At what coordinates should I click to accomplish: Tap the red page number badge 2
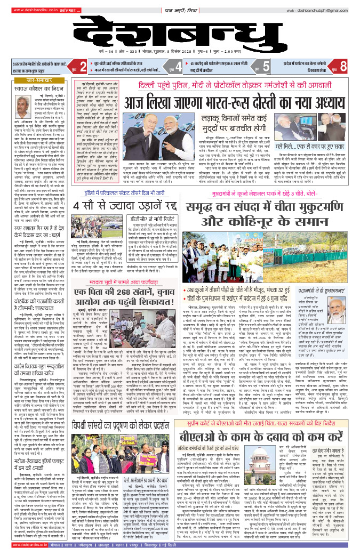pos(83,66)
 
